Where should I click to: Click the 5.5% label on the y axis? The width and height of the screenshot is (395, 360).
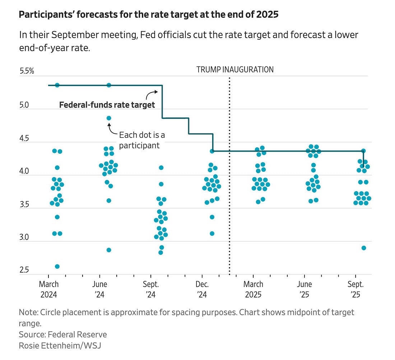27,71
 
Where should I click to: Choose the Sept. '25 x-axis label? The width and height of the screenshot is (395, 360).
356,289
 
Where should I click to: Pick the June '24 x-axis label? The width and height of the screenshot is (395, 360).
99,289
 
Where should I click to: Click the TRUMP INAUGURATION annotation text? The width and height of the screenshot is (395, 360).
235,69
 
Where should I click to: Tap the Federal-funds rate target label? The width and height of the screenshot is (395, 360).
107,105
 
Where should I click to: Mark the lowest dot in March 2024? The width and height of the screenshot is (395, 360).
57,266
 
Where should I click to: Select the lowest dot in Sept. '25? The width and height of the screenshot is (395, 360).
364,248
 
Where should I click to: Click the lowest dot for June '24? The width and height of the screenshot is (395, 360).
109,250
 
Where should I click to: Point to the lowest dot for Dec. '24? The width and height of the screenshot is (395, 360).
212,234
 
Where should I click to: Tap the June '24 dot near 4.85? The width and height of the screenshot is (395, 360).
109,118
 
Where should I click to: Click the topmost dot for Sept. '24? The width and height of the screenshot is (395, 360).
161,167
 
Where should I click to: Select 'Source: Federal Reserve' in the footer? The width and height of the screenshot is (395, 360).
63,334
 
